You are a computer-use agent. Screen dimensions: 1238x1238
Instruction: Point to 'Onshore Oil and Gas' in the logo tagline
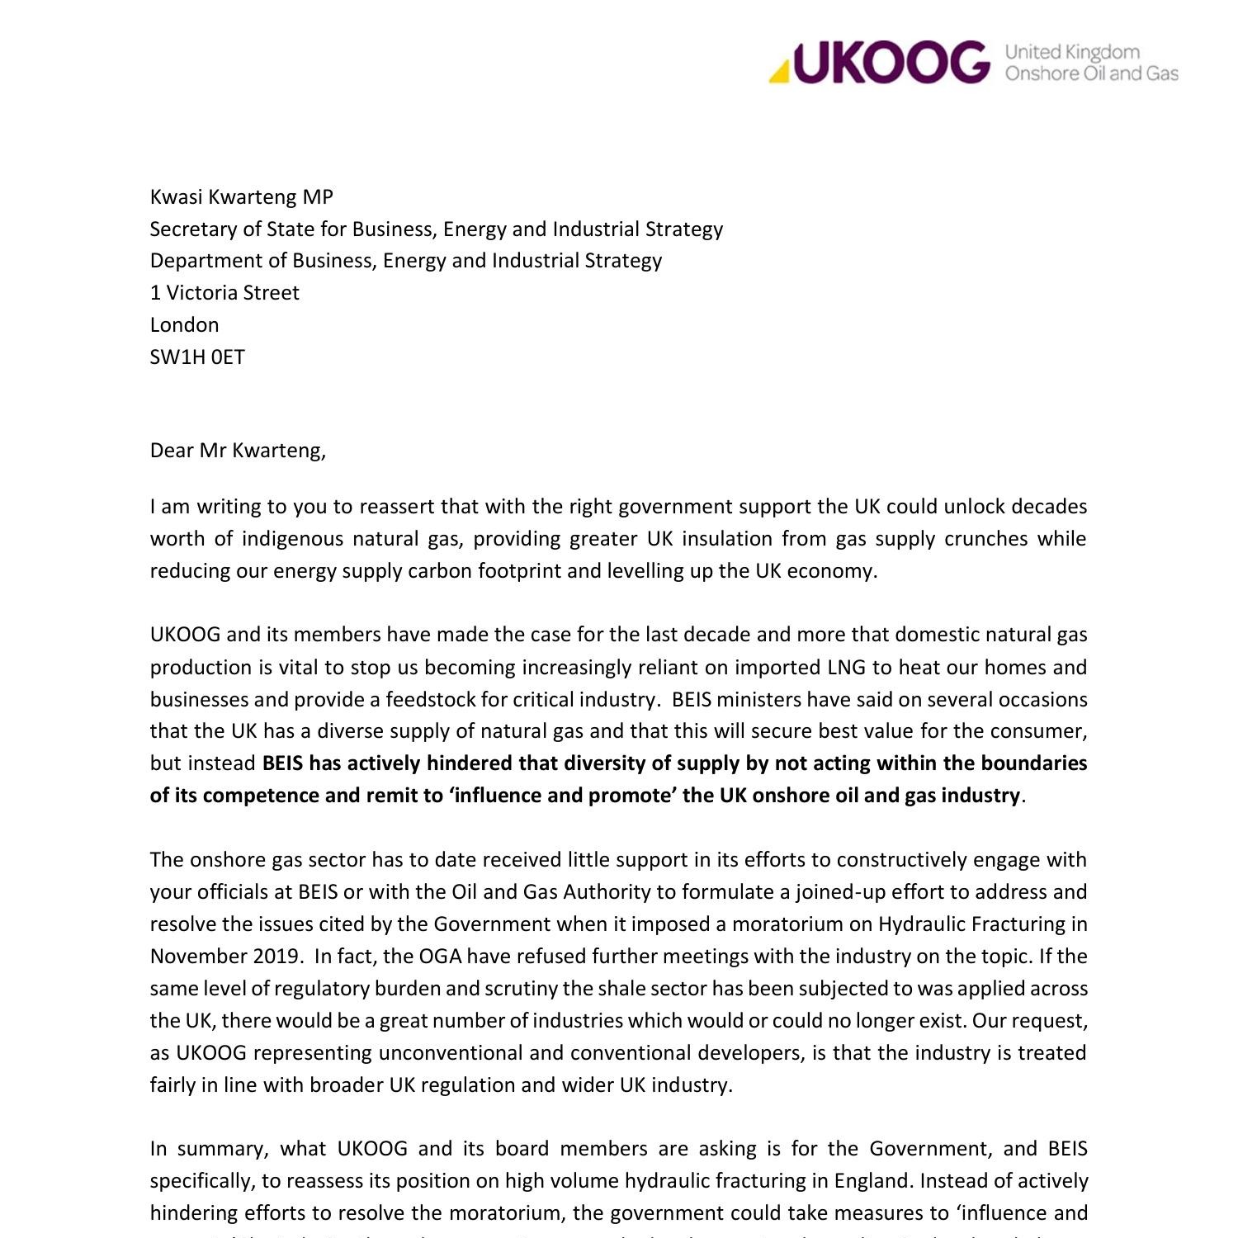(x=1091, y=73)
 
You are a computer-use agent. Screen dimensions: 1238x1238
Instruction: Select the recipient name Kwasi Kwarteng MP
(x=241, y=196)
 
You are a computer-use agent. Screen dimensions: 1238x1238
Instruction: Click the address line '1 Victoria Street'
(x=224, y=293)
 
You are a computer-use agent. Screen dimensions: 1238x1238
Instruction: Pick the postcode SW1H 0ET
(x=197, y=357)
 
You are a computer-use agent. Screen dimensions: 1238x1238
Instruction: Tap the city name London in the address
(x=184, y=324)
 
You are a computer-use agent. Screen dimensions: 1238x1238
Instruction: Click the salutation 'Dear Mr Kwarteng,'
(x=238, y=450)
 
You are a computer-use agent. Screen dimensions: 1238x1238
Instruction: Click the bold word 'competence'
(x=256, y=795)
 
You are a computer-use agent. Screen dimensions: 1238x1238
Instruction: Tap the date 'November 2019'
(x=224, y=956)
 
